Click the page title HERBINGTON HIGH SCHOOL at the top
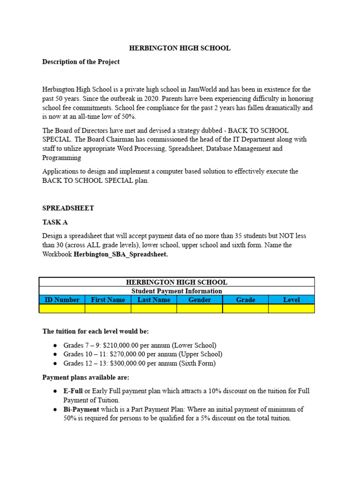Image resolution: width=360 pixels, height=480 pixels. tap(180, 48)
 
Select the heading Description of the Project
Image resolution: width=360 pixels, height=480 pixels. tap(81, 61)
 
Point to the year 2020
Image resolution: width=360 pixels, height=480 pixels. tap(140, 98)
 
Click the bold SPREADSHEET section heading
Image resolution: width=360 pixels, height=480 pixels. tap(68, 208)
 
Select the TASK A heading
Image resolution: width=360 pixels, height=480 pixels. tap(59, 222)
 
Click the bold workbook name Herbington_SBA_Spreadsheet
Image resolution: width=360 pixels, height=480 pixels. tap(121, 254)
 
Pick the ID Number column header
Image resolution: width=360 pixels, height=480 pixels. tap(62, 300)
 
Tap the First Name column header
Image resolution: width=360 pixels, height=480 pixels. tap(108, 300)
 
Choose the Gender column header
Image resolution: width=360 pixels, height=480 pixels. tap(200, 300)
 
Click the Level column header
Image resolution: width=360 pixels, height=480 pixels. tap(291, 300)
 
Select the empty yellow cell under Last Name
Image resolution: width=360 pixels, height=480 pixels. tap(154, 308)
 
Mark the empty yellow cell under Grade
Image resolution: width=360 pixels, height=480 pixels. tap(246, 308)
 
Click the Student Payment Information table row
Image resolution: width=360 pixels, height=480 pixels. tap(177, 291)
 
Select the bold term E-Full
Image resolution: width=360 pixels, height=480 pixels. tap(73, 391)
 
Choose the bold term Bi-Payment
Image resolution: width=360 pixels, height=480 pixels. tap(81, 409)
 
